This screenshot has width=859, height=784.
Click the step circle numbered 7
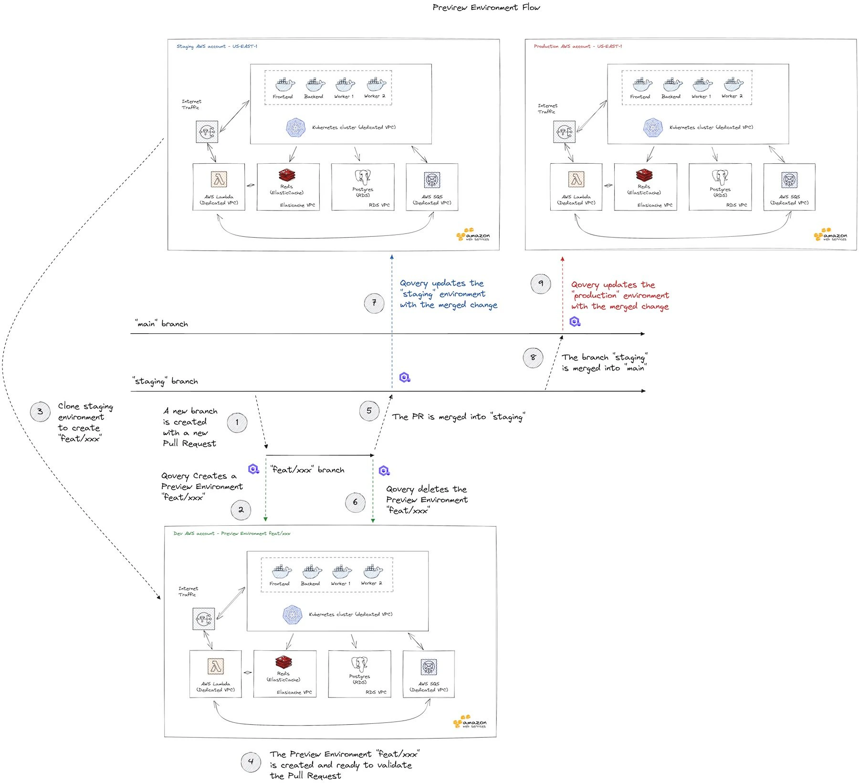[x=374, y=303]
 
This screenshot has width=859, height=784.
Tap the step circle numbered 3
[x=40, y=412]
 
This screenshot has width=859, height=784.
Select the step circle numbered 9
[x=541, y=284]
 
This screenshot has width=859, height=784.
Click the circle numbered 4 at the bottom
[x=251, y=762]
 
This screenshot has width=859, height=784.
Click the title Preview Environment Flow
[x=486, y=8]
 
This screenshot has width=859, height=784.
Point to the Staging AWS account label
[x=217, y=47]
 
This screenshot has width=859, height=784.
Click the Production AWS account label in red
[x=577, y=47]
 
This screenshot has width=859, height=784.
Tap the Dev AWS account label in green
[x=231, y=533]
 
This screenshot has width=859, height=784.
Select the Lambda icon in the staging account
[x=219, y=180]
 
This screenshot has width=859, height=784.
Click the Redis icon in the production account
[x=644, y=176]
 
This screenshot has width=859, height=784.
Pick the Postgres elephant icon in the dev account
[x=359, y=665]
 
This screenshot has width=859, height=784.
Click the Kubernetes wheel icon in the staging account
[x=295, y=128]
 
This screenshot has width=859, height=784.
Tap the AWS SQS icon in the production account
[x=789, y=180]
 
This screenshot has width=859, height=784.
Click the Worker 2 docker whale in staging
[x=375, y=85]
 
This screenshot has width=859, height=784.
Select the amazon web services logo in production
[x=830, y=235]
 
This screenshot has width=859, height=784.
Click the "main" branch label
[x=161, y=324]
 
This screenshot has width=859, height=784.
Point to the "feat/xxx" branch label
[x=307, y=470]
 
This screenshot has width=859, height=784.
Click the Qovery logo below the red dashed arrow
[x=575, y=322]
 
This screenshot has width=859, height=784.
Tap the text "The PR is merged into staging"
[x=458, y=417]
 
